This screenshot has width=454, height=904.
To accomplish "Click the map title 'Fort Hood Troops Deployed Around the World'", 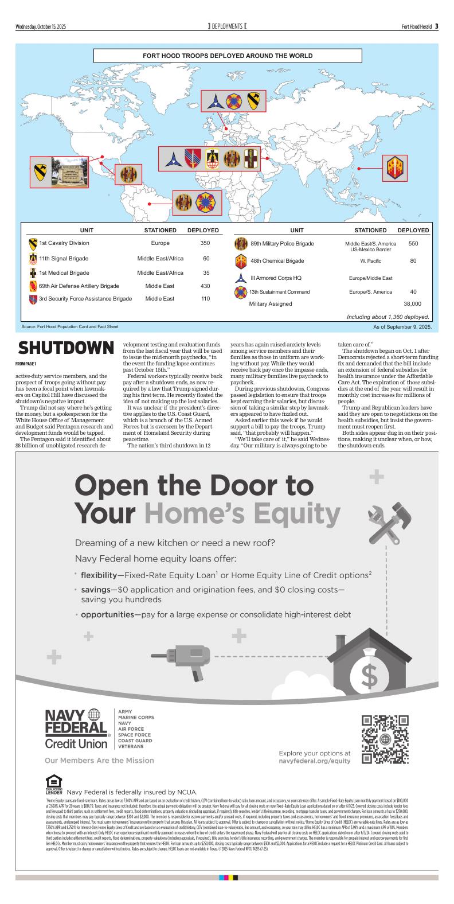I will (228, 56).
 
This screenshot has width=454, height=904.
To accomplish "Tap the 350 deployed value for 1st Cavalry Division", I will (205, 243).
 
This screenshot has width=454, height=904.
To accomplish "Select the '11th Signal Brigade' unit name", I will (64, 258).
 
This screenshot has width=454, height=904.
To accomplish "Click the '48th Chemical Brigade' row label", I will (277, 261).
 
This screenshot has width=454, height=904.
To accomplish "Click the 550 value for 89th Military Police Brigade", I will (413, 244).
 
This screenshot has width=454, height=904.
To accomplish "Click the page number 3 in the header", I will (436, 26).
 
